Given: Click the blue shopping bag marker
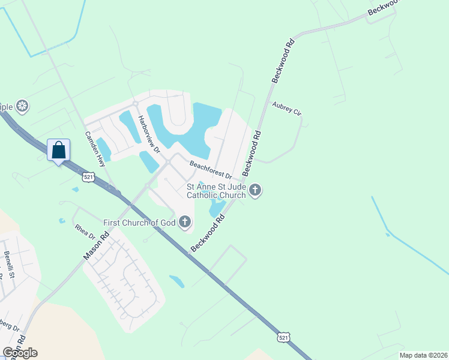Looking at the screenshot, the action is coord(58,150).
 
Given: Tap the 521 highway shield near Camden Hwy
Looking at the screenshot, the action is coord(88,177).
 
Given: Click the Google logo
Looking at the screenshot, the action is coord(20,353).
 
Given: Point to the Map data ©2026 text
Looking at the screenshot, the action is coord(423,355).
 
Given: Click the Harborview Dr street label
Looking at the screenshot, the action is coord(148,134).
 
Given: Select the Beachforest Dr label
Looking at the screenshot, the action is coord(211,169).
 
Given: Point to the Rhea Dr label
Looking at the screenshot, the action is coord(83,232).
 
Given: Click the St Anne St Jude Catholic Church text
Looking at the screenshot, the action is coord(216,191).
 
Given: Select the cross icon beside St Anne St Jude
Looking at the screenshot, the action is coord(255,191).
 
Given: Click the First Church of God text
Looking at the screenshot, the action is coord(139,223).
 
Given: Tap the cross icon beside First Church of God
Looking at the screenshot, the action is coord(185,223).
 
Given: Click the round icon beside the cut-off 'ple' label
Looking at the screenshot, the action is coord(22,107).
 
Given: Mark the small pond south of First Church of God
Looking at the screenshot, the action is coord(177,281).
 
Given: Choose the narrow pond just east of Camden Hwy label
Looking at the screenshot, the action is coord(103,149).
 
